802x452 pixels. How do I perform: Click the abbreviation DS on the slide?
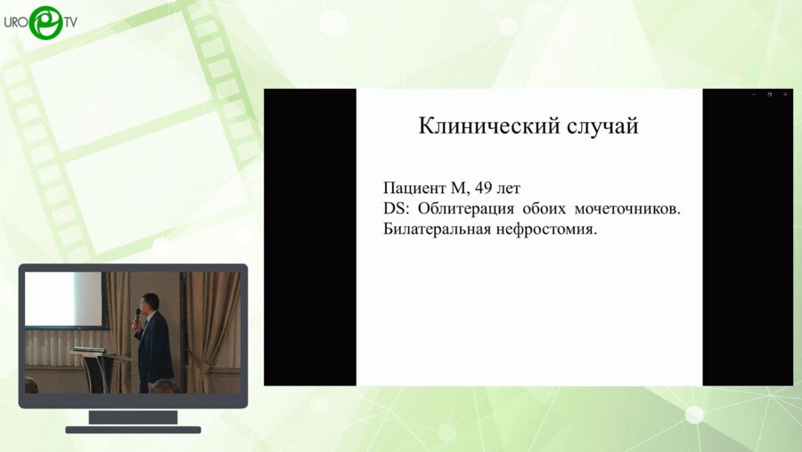(394, 208)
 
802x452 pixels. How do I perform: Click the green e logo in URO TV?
(45, 21)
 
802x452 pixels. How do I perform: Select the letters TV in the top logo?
(69, 21)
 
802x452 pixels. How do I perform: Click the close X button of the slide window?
(785, 94)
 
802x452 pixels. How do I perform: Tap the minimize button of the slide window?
(754, 94)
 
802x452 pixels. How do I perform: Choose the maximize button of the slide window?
(770, 94)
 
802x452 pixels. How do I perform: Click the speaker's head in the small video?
(151, 302)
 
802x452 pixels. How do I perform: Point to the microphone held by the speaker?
(138, 315)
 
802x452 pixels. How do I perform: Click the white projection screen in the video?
(63, 299)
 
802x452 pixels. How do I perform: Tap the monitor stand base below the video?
(133, 429)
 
